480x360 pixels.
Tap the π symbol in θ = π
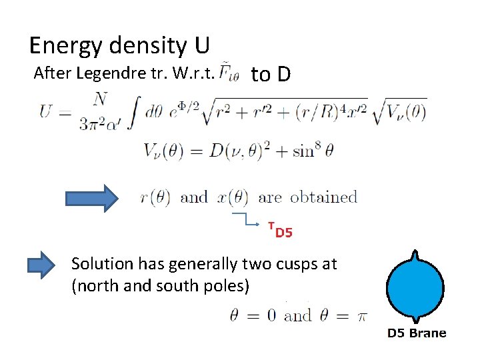(361, 315)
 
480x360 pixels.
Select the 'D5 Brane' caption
(417, 333)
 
